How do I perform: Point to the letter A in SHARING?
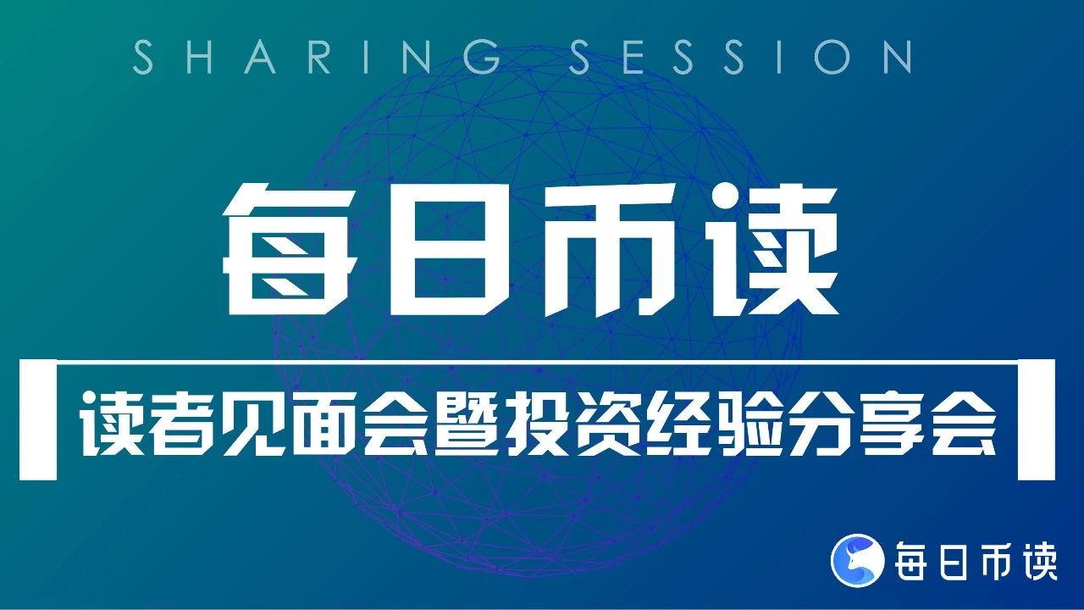[x=260, y=57]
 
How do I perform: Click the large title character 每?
[x=290, y=249]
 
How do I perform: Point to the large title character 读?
[x=771, y=249]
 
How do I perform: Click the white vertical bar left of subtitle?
[x=38, y=419]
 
